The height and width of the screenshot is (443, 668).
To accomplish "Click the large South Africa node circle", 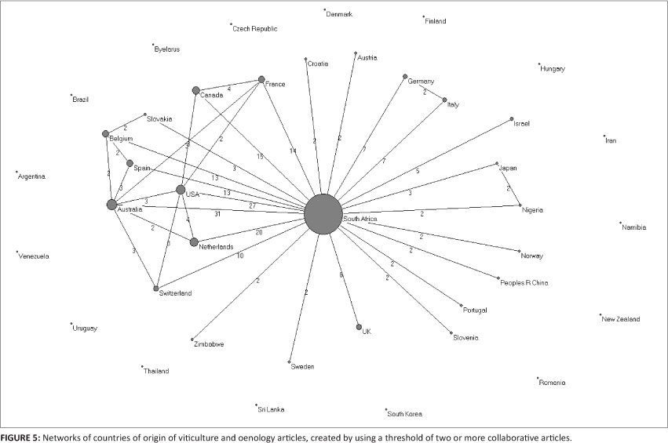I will tap(323, 213).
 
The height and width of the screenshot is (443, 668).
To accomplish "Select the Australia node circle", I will tap(111, 205).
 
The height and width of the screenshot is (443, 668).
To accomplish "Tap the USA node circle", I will tap(181, 190).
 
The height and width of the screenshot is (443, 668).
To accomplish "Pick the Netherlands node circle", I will tap(194, 241).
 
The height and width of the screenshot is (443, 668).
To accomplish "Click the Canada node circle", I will tap(196, 91).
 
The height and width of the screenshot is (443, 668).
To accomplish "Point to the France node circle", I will tap(261, 79).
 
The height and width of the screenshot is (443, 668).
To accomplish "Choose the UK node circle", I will tap(359, 327).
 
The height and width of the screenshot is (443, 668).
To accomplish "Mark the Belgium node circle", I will tap(105, 134).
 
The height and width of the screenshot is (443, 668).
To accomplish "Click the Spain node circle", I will tap(130, 163).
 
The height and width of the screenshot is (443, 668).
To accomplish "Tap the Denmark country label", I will tap(340, 14).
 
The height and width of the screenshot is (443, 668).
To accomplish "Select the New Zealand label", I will tap(621, 319).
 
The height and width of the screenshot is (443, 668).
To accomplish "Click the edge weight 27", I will tap(252, 205).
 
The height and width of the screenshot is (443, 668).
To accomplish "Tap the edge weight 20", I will tap(257, 231).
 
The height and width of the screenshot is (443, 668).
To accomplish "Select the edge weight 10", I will tap(240, 256).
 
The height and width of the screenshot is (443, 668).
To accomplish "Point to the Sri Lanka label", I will tap(271, 409).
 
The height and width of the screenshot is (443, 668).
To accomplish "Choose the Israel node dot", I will tap(512, 119).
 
